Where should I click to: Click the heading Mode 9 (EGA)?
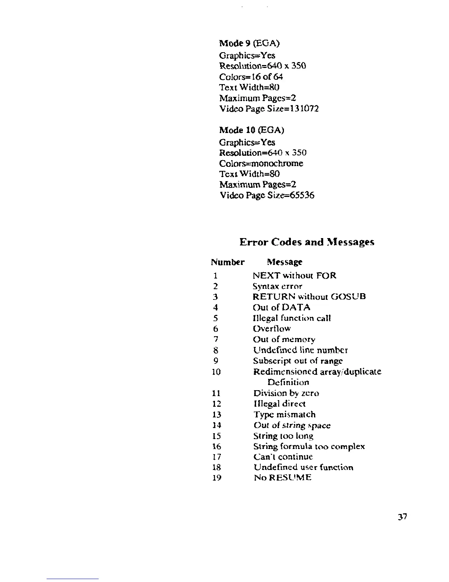249,44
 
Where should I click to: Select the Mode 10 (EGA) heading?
251,130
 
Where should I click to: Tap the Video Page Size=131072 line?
269,109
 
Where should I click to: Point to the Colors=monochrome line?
261,163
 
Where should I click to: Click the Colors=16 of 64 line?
251,77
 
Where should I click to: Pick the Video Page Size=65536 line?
267,195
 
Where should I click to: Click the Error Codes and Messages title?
307,242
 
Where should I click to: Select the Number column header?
227,262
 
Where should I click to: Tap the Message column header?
285,262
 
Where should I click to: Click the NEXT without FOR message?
295,276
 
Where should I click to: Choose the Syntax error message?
277,286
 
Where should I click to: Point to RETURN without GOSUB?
309,297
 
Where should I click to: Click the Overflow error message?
272,328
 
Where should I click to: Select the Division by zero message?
286,393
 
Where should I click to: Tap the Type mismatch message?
284,414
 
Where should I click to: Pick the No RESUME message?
282,478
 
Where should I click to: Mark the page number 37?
402,517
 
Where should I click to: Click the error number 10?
216,372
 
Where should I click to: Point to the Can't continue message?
283,457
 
